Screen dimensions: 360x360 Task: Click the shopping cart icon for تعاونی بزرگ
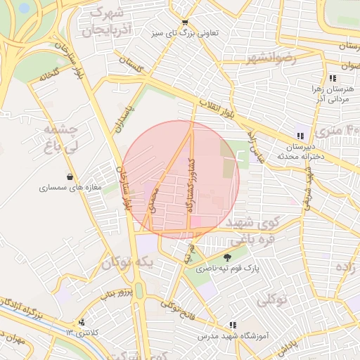[x=184, y=22]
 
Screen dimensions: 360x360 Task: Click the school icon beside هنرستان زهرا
[x=333, y=78]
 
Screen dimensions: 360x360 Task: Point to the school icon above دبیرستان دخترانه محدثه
[x=300, y=136]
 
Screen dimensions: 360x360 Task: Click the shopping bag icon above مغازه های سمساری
[x=70, y=176]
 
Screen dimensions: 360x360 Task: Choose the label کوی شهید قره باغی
[x=264, y=230]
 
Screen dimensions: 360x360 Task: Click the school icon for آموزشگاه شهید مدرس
[x=232, y=325]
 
